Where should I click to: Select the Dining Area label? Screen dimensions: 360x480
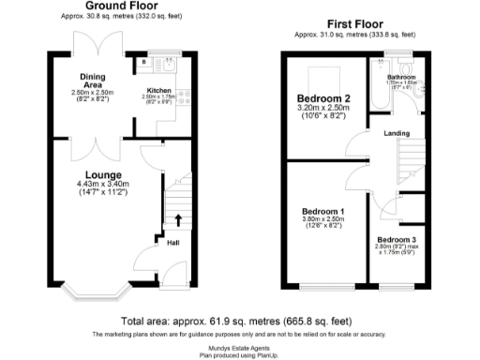point(91,82)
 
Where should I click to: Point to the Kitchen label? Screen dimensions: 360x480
point(157,91)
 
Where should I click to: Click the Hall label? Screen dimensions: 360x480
point(172,244)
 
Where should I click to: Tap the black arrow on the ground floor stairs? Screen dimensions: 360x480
point(177,221)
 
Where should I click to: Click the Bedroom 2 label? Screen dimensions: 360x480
point(323,98)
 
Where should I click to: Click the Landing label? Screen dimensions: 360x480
point(397,134)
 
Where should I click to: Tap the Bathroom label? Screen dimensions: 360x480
point(403,76)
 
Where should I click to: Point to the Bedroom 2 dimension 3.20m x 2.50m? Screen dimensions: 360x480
point(323,109)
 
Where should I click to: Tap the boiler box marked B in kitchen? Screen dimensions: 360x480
point(143,63)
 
